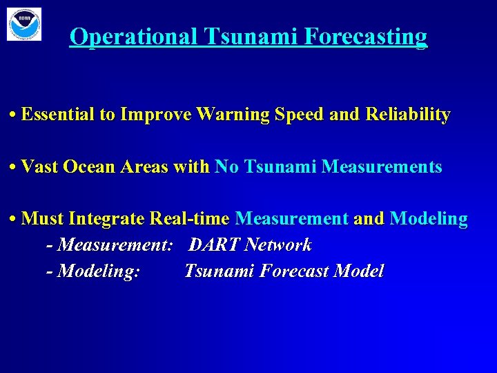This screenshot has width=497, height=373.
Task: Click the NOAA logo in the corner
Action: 24,24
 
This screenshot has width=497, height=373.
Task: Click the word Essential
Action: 58,115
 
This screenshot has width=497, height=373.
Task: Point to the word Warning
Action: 233,115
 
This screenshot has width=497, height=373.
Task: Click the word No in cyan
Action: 226,166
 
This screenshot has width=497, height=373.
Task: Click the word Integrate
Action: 107,219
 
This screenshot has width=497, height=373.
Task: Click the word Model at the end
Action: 358,271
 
